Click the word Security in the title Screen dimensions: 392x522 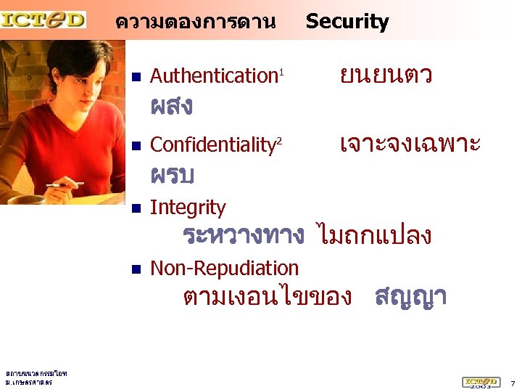click(x=347, y=22)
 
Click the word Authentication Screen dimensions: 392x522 click(x=214, y=75)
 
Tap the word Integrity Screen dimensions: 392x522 click(x=188, y=208)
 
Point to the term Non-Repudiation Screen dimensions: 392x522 click(x=224, y=268)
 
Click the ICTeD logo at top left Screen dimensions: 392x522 click(x=43, y=18)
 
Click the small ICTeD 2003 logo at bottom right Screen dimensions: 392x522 click(x=480, y=381)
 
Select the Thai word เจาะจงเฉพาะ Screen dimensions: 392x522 click(x=410, y=144)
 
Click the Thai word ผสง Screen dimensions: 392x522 click(x=171, y=107)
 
